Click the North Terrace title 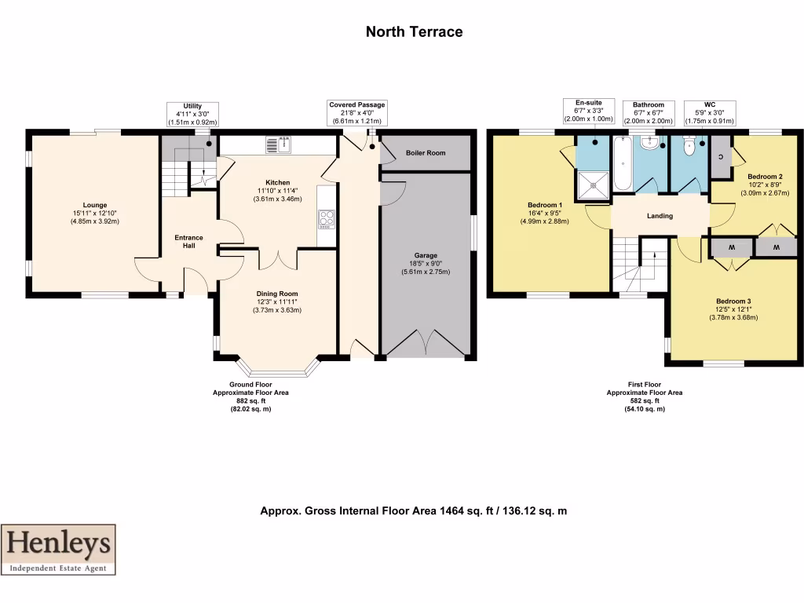point(414,32)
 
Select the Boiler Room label point(425,153)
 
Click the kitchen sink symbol point(278,145)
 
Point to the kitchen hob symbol point(326,217)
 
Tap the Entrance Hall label point(188,242)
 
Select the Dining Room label point(277,294)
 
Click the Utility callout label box point(192,114)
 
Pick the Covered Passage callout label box point(357,113)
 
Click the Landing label point(660,216)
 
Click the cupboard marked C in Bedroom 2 point(721,155)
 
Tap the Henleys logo point(58,549)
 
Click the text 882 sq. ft point(245,400)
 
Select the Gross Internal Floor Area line point(413,511)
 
